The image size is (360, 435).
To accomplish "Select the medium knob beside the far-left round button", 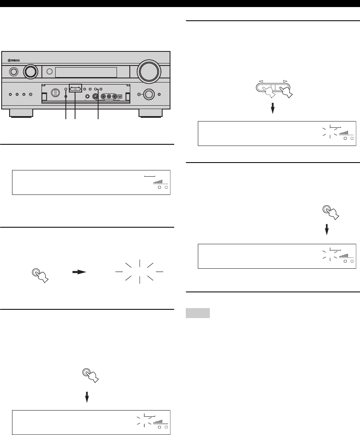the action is pyautogui.click(x=30, y=72).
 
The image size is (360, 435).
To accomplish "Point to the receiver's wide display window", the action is pyautogui.click(x=86, y=72).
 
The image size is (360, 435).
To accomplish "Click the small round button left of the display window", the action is pyautogui.click(x=49, y=72).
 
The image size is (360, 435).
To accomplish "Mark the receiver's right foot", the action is pyautogui.click(x=151, y=114).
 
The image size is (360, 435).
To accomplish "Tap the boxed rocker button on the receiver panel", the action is pyautogui.click(x=75, y=89).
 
